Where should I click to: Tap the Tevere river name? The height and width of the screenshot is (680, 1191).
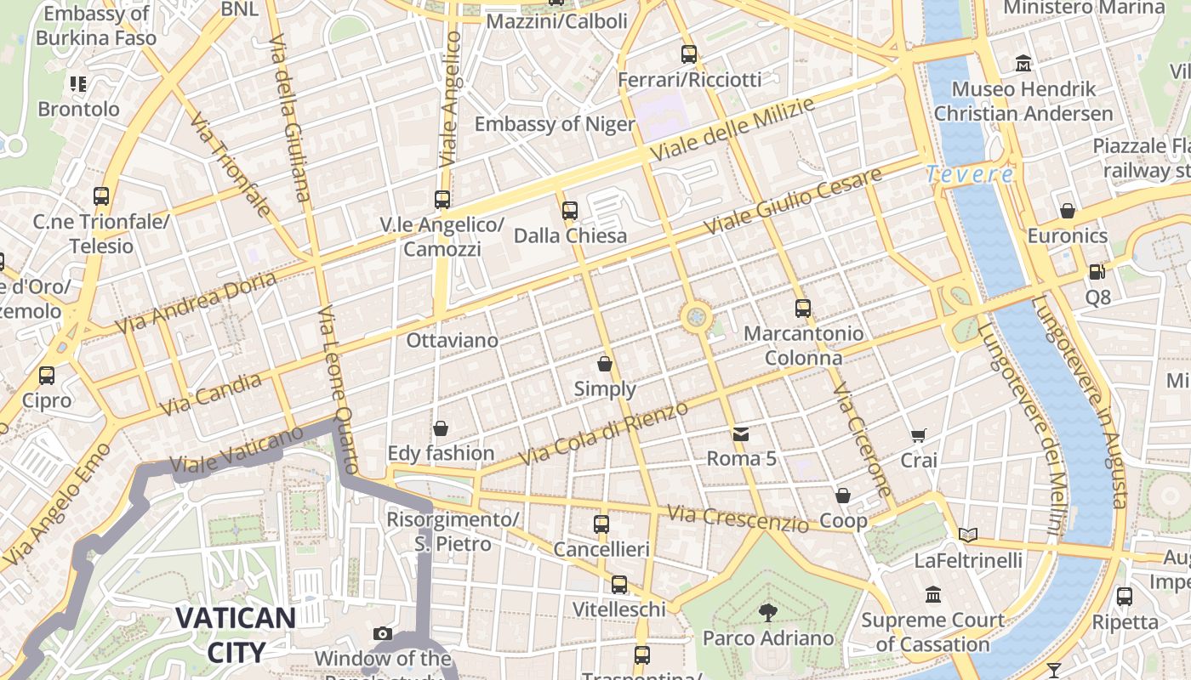tap(969, 174)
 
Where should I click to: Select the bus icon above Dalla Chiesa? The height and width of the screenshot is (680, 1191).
tap(570, 210)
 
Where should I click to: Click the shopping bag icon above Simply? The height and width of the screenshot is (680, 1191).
tap(605, 364)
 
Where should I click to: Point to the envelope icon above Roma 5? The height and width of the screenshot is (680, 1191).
tap(741, 434)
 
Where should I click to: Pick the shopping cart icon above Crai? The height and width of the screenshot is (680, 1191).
tap(919, 436)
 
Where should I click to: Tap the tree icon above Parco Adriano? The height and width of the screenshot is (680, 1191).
tap(768, 612)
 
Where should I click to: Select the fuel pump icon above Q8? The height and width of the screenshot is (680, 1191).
tap(1097, 273)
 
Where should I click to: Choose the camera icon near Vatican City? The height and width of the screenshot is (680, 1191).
tap(383, 633)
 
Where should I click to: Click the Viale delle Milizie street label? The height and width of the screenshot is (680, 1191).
tap(732, 128)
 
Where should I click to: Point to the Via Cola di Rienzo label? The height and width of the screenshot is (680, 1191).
tap(603, 433)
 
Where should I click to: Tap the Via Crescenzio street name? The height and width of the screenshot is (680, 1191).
tap(738, 518)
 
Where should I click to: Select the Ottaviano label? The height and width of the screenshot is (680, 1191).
tap(452, 340)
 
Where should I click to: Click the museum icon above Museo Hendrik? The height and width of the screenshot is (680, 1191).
tap(1023, 64)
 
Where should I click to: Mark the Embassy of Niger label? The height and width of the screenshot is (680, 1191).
tap(555, 124)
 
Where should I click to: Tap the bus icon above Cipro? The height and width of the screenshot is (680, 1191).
tap(47, 375)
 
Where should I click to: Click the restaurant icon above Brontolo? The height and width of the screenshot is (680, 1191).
tap(78, 84)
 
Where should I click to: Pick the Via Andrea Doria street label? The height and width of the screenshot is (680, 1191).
tap(196, 303)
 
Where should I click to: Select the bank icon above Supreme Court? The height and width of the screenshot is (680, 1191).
tap(933, 594)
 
